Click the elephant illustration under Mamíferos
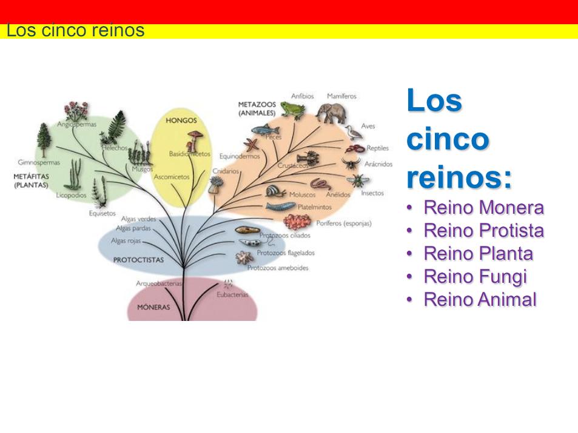pos(330,113)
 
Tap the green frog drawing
pos(294,110)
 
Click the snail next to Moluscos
pos(275,191)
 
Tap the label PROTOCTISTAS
pos(139,259)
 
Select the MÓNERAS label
pos(153,307)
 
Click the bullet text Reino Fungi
pos(475,276)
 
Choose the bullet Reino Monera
pos(483,208)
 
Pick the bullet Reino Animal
pos(480,299)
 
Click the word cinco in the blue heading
pos(448,139)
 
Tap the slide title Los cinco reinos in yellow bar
pos(75,30)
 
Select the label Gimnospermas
pos(39,162)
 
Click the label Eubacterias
pos(233,294)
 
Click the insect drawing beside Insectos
pos(357,180)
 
